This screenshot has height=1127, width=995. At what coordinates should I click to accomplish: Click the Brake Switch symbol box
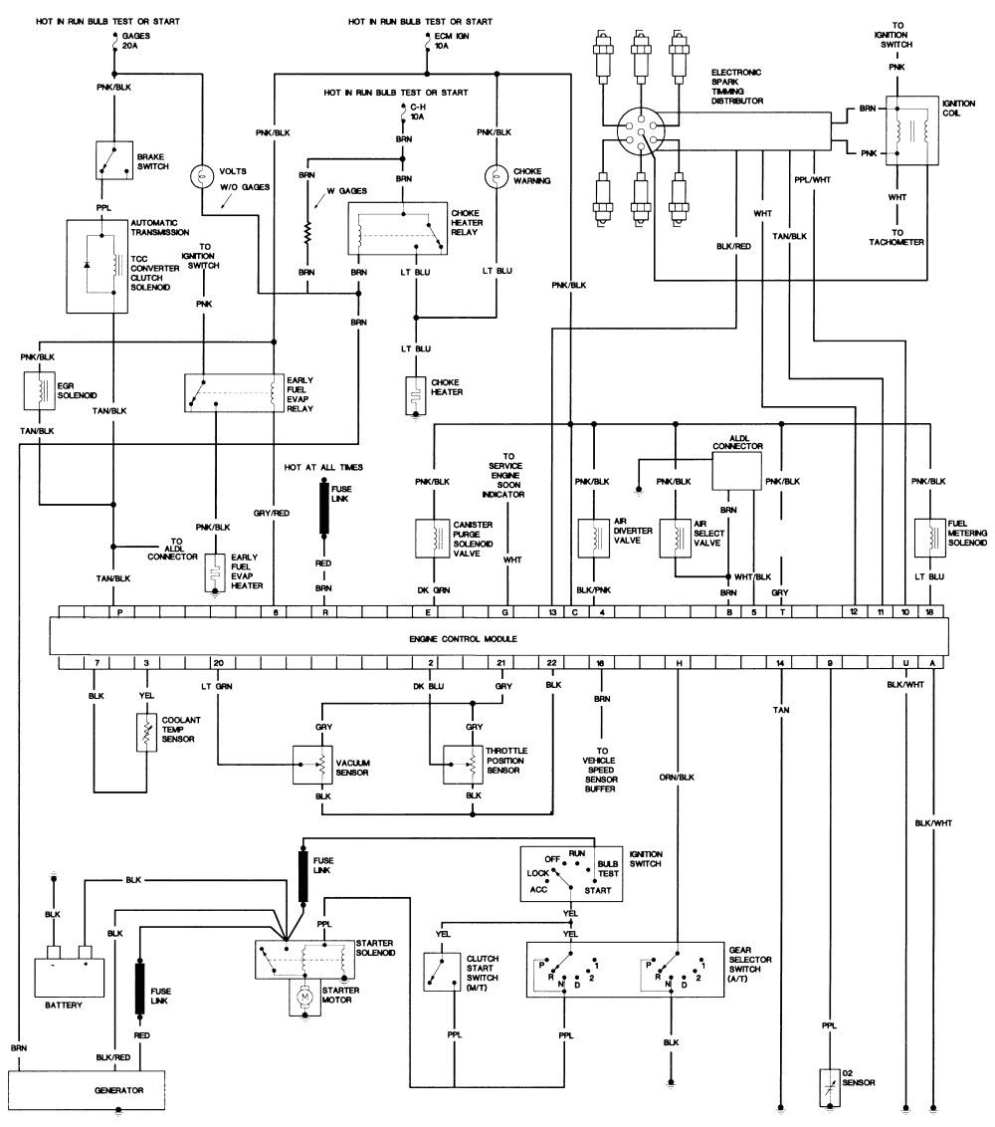(x=113, y=159)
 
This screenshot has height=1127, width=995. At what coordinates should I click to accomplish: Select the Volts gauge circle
(x=202, y=176)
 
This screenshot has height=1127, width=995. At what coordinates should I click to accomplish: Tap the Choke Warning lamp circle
(x=495, y=175)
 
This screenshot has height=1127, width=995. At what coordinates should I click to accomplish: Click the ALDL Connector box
(x=736, y=469)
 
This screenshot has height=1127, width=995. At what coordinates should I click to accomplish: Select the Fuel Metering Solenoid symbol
(x=930, y=537)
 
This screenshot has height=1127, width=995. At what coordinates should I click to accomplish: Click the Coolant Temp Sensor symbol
(x=146, y=733)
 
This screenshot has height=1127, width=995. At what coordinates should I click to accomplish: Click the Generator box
(x=87, y=1089)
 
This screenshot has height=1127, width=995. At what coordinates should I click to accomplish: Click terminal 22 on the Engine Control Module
(x=552, y=662)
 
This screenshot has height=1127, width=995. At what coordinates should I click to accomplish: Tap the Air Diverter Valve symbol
(x=594, y=537)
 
